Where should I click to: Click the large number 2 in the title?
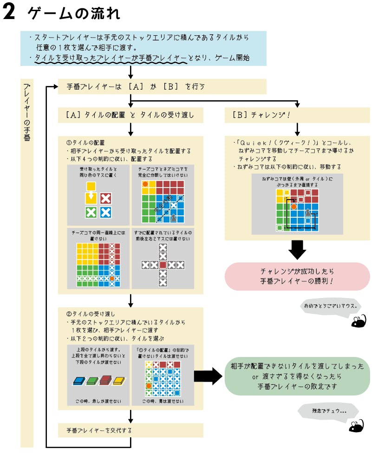[x=10, y=13]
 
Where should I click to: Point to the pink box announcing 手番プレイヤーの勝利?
[x=297, y=276]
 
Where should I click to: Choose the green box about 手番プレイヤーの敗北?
[x=297, y=376]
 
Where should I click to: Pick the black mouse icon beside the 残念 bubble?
[x=357, y=425]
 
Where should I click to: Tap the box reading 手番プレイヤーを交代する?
[x=130, y=430]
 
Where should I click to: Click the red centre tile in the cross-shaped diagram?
[x=163, y=265]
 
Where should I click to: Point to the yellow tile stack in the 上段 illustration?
[x=119, y=381]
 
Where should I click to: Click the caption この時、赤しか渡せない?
[x=98, y=401]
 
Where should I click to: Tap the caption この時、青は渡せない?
[x=162, y=401]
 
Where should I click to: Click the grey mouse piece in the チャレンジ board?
[x=307, y=212]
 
